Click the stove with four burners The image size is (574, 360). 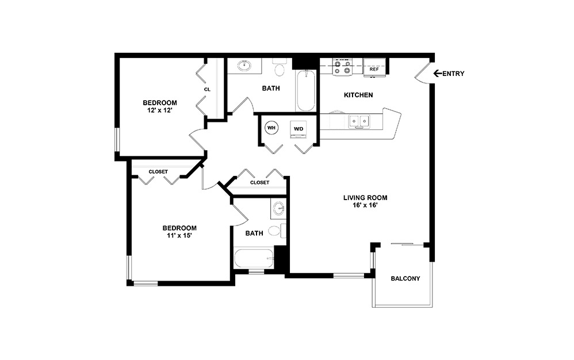tap(343, 67)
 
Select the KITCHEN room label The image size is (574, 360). tap(358, 95)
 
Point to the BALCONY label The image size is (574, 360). tap(405, 278)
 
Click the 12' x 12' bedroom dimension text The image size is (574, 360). tap(160, 112)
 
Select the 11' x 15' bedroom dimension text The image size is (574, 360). tap(179, 235)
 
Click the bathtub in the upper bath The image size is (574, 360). tap(305, 91)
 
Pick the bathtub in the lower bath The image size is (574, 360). tap(254, 258)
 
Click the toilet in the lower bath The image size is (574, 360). tap(277, 231)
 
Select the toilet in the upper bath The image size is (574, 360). tap(280, 68)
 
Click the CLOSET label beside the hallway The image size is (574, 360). tap(259, 182)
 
